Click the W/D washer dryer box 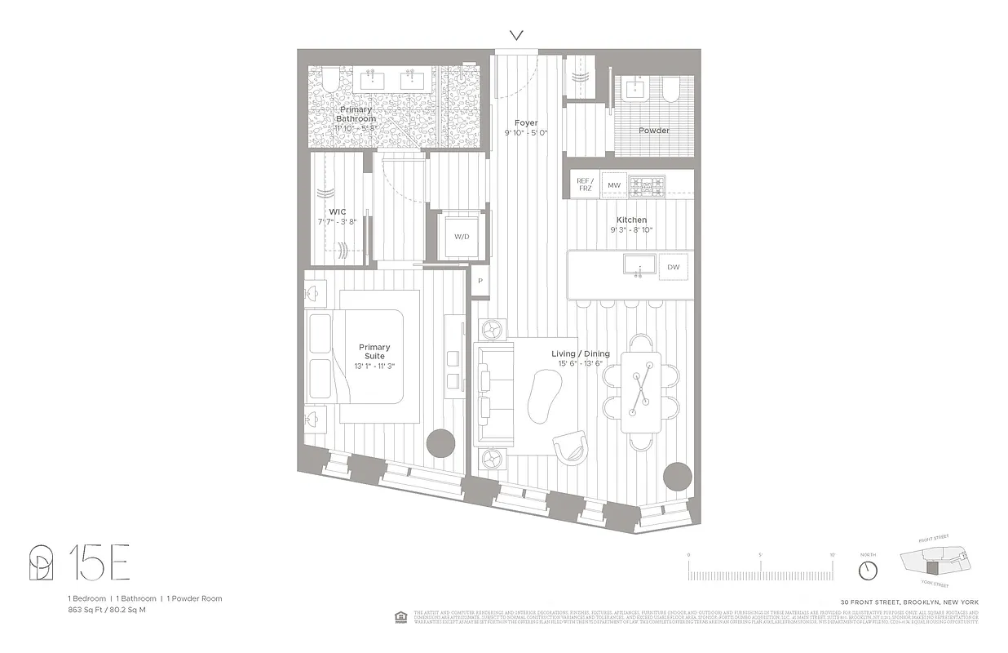coord(462,237)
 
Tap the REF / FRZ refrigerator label coord(584,185)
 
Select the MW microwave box coord(614,185)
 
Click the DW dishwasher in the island coord(674,267)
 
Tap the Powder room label coord(654,131)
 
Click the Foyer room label coord(526,123)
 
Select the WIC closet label coord(338,212)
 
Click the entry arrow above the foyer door coord(515,35)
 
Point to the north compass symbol coord(868,569)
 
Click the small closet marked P coord(480,281)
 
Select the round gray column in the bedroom coord(441,443)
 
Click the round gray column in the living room coord(678,476)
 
